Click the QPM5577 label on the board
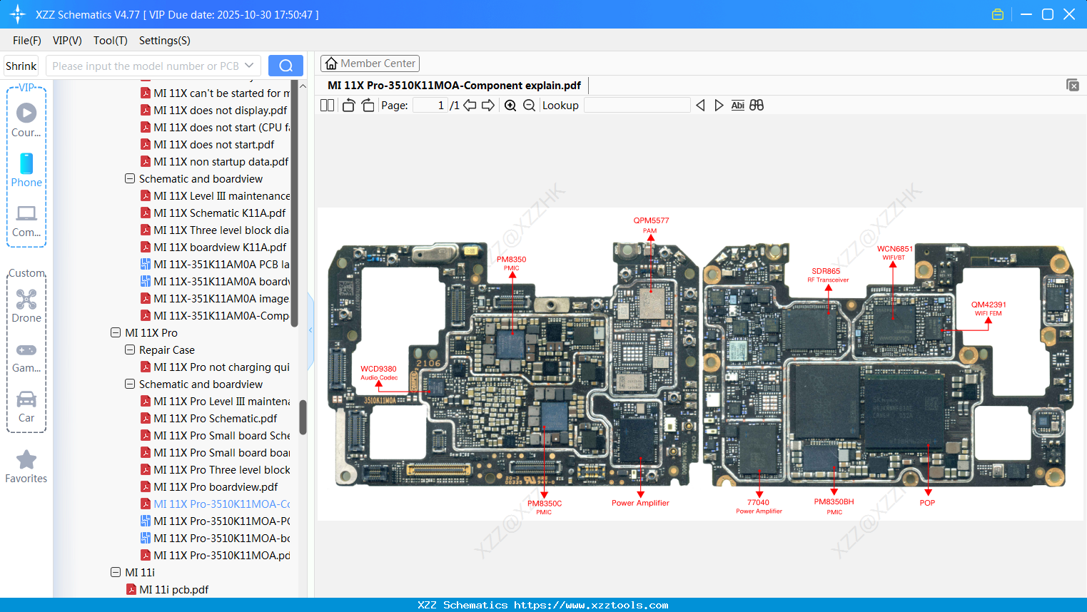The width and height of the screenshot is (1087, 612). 651,221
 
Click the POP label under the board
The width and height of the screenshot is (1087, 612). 927,503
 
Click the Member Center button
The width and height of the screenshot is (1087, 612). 370,63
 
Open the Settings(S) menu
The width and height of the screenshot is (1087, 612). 164,41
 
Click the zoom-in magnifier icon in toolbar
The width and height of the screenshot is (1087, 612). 510,106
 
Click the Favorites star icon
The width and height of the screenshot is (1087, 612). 26,460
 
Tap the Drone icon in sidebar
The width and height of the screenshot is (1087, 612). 26,300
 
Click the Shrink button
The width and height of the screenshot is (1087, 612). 21,66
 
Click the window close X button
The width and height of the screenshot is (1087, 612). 1069,14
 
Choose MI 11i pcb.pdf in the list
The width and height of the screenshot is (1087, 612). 173,590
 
